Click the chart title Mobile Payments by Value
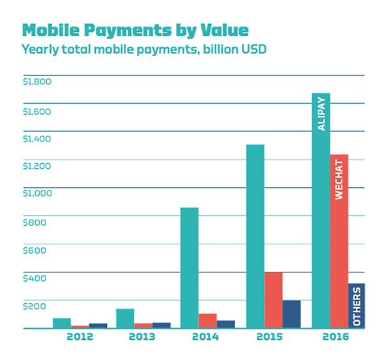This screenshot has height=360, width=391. point(135,30)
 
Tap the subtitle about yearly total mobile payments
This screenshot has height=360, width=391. point(144,49)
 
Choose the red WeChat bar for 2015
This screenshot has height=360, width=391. point(273,299)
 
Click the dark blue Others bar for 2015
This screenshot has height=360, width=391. point(291,314)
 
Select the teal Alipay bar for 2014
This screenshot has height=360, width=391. point(189,267)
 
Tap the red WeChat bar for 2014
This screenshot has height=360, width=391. point(207,320)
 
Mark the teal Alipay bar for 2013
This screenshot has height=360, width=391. point(125,318)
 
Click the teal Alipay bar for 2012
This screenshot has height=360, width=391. point(61,323)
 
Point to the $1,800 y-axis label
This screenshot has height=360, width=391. point(36,82)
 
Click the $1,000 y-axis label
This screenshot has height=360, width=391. point(36,194)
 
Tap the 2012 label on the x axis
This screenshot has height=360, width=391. point(80,337)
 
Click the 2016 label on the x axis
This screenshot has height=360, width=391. point(336,337)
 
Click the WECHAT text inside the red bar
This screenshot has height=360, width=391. point(339,179)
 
